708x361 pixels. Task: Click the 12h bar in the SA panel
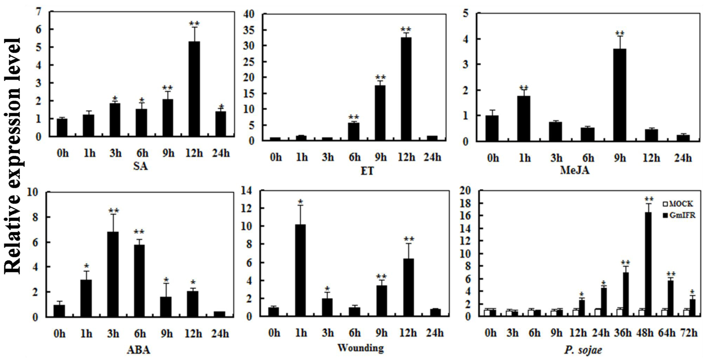click(194, 89)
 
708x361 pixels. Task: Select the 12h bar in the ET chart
click(406, 89)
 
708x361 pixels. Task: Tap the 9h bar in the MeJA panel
click(620, 95)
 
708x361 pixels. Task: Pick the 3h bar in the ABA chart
click(113, 274)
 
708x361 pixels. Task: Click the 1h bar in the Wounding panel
click(300, 270)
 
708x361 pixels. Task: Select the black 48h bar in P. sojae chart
click(648, 265)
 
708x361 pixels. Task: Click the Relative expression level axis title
click(13, 156)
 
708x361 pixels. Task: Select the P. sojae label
click(583, 350)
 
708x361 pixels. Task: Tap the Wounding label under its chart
click(361, 347)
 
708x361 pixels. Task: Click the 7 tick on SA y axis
click(38, 12)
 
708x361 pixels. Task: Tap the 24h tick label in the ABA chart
click(220, 334)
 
